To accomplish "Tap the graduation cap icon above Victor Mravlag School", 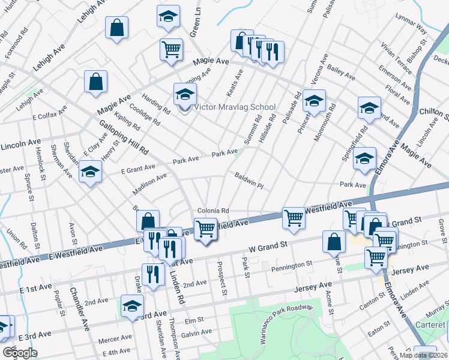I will [185, 94].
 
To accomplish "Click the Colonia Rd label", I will [214, 211].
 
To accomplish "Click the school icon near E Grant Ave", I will [91, 172].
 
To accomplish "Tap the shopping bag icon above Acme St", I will [334, 242].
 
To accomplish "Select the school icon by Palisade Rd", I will [314, 101].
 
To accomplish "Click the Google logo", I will [19, 352].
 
